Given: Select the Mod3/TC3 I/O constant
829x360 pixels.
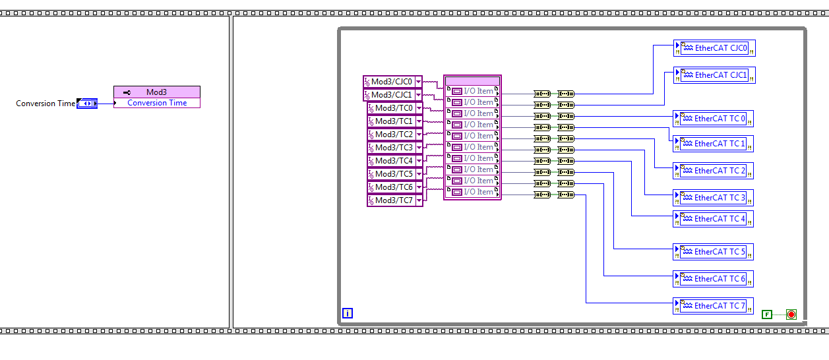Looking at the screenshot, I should (394, 148).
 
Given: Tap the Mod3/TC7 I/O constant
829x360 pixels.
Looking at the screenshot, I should (394, 200).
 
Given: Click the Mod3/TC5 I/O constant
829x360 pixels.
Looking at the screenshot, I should (394, 174).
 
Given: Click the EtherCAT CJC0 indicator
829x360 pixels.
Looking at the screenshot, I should (714, 48).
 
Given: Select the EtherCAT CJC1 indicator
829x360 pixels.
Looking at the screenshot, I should (714, 75).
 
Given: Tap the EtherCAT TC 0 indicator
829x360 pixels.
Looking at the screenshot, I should (713, 119).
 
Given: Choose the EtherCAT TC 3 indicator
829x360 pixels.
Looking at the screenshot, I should (713, 198).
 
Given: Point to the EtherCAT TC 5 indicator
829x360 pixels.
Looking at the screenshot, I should (713, 252).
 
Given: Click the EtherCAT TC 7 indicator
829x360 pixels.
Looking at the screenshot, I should (713, 306).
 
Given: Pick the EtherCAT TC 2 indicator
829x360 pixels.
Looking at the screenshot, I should (713, 171).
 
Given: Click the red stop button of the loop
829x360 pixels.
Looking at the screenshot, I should (791, 315).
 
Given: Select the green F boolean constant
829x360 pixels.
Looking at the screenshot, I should (766, 315).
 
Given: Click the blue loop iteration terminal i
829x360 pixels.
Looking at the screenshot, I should (348, 314).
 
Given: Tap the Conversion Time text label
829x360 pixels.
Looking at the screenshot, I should (46, 104).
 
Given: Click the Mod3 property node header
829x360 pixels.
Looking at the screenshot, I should (157, 92).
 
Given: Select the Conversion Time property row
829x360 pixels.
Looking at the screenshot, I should (157, 103).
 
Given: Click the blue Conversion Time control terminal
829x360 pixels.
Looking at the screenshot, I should (87, 104).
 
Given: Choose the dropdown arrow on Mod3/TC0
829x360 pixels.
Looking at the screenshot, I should (419, 108).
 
